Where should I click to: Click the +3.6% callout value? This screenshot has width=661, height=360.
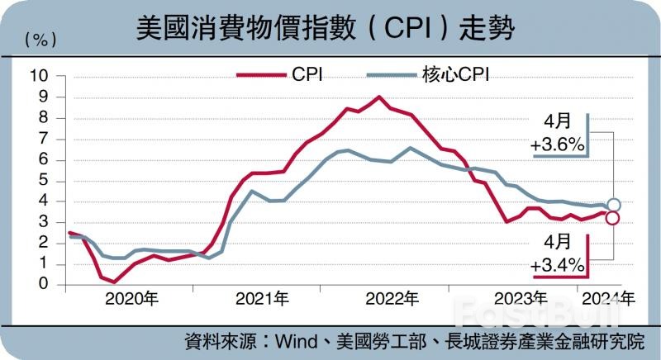559,146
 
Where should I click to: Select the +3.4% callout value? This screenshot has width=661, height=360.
559,265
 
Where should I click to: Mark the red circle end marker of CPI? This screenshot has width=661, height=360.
612,218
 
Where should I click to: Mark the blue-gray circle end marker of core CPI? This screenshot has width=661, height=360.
614,205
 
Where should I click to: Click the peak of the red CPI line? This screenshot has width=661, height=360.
379,97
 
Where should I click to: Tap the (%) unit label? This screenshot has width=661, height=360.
40,39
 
